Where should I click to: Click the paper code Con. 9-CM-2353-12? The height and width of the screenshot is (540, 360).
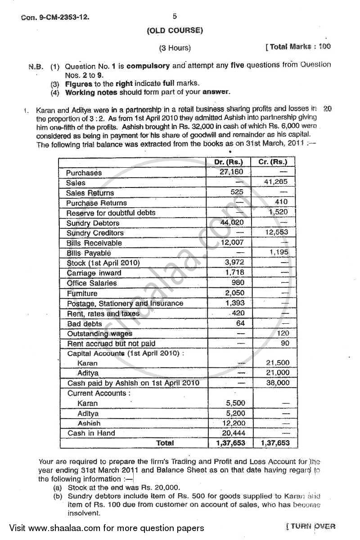point(55,18)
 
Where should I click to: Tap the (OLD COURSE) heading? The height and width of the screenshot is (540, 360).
point(175,31)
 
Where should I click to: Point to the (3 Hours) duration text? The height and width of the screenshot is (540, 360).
point(175,48)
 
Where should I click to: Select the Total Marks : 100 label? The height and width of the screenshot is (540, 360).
point(298,47)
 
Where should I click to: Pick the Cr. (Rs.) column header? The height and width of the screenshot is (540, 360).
point(273,162)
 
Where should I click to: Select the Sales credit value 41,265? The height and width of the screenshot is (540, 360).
point(276,182)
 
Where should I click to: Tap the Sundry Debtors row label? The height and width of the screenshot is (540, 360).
point(93,223)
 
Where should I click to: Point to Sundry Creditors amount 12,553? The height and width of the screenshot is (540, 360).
point(276,232)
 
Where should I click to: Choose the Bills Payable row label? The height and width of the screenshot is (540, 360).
point(89,253)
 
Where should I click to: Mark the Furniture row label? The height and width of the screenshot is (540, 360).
point(82,293)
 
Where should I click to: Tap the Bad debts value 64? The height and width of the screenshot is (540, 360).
point(240,323)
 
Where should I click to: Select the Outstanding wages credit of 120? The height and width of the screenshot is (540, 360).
point(283,333)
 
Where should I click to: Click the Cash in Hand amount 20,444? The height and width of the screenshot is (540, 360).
point(233,433)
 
